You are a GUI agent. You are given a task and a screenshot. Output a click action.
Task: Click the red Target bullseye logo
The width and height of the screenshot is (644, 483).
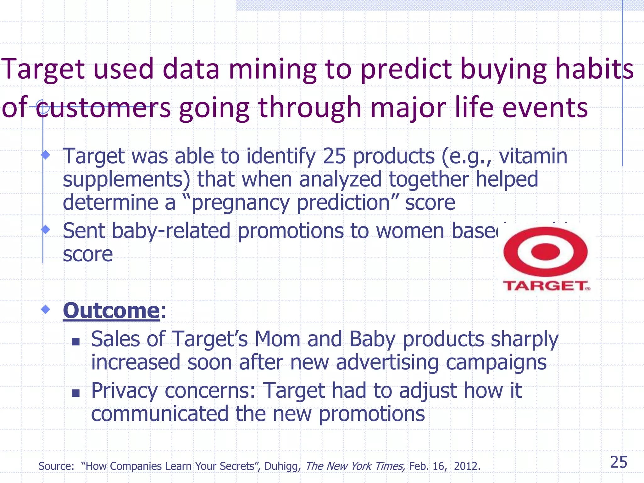coord(545,252)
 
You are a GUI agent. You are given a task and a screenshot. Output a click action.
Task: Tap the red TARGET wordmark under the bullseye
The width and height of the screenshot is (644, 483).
coord(546,286)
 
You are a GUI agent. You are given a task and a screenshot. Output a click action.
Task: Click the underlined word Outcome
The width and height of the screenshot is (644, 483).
coord(111,310)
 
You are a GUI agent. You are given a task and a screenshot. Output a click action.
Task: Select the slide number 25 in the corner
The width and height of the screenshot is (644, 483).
coord(619,462)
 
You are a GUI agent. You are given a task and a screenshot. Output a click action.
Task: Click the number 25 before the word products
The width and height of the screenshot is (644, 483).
coord(334,156)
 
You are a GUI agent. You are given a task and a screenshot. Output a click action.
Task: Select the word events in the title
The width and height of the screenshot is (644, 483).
coord(545,108)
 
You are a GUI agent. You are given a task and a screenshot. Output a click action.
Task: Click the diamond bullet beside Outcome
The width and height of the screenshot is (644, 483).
coord(46,309)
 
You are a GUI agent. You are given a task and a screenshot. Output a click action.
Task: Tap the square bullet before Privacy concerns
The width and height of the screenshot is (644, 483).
coord(75,393)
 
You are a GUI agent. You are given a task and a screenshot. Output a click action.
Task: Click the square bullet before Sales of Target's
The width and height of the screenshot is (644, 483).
coord(75,341)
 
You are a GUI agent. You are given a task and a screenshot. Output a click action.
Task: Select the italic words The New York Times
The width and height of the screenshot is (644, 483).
coord(355,466)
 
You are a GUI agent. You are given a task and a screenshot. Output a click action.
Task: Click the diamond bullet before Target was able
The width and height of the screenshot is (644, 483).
coord(46,154)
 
